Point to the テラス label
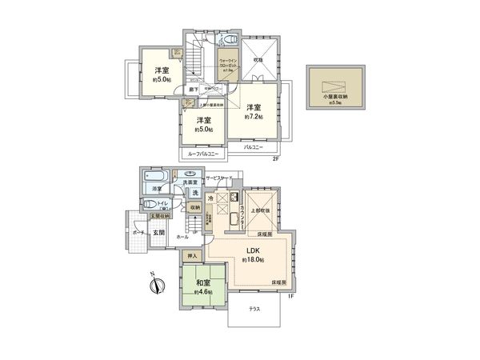(254, 308)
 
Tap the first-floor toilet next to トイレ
(154, 203)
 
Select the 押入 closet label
(191, 256)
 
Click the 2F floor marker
(274, 158)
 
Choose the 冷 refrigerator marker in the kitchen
(210, 198)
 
